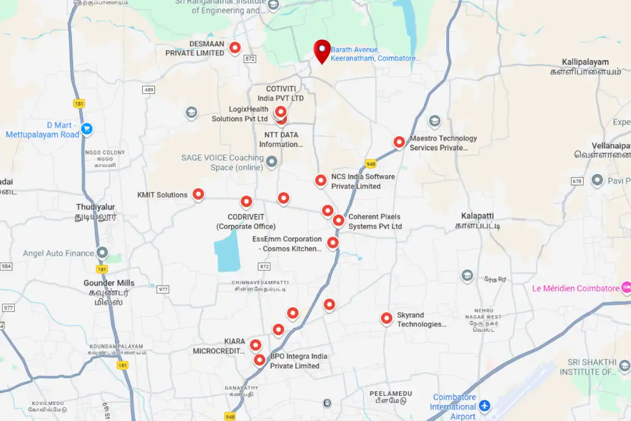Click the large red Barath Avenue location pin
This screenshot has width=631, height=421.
click(x=322, y=50)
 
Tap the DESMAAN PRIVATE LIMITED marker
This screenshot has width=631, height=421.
click(x=235, y=48)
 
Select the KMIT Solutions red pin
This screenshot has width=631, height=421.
click(x=198, y=194)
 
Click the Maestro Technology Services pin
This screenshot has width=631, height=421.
click(x=399, y=142)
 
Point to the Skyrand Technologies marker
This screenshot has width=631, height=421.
click(x=386, y=318)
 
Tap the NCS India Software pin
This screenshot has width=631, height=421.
click(x=321, y=180)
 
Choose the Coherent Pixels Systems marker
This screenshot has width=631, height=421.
click(x=338, y=220)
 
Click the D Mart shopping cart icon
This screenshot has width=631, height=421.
click(x=87, y=129)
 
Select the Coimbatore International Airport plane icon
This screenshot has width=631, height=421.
click(x=485, y=405)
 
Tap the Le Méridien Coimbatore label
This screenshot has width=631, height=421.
click(x=575, y=288)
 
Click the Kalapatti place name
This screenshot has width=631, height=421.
click(x=477, y=216)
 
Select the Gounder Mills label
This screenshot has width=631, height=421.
click(x=109, y=283)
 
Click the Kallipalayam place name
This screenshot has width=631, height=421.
click(x=585, y=62)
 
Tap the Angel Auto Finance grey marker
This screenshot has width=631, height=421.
click(x=102, y=253)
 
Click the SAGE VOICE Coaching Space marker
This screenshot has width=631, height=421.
click(x=271, y=161)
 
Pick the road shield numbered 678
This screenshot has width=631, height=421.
click(x=577, y=181)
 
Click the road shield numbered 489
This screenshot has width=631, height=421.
click(x=149, y=90)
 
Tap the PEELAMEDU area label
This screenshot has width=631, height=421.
click(x=391, y=393)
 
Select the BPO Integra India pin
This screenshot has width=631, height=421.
click(x=259, y=360)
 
